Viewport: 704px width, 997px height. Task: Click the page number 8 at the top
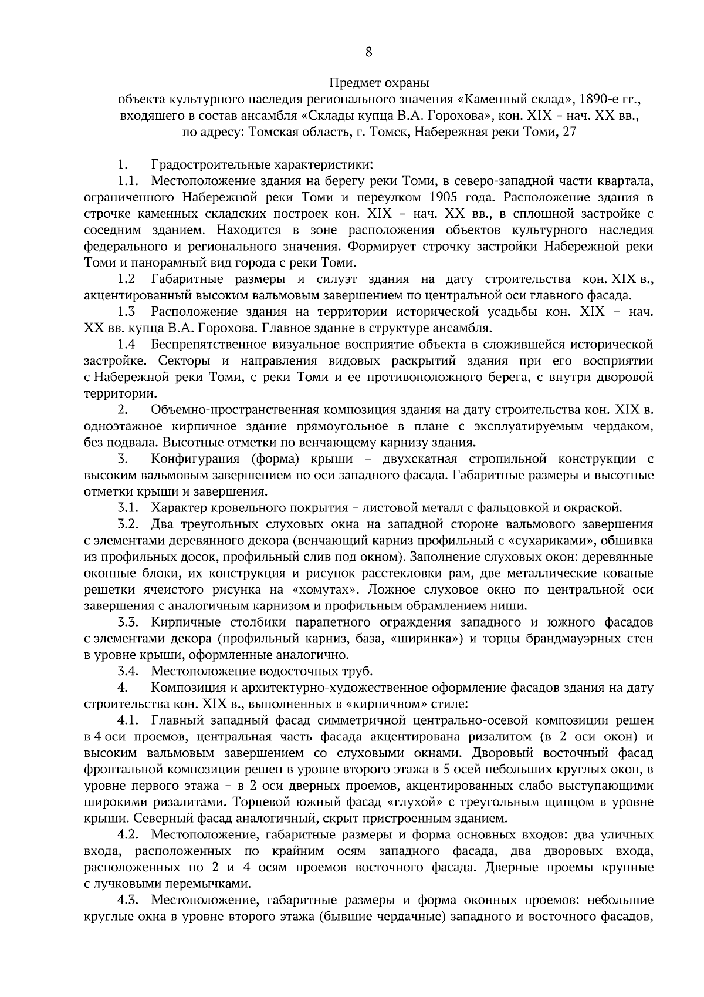click(368, 52)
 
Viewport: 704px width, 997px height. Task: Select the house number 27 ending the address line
click(570, 132)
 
